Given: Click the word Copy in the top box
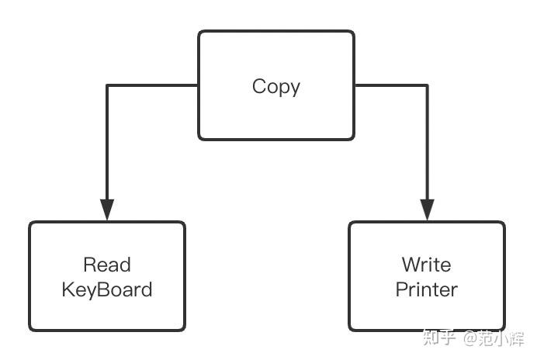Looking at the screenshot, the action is [276, 87].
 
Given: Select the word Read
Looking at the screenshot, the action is [107, 265].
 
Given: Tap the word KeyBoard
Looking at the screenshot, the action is [107, 289].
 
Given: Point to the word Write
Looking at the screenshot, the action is [426, 265].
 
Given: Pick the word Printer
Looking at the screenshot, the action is [426, 289].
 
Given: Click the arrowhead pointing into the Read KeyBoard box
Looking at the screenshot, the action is [107, 209].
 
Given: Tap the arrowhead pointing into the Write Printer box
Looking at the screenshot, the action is [428, 209].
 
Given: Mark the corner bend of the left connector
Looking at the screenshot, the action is [107, 85].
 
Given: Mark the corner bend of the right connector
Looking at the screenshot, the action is [427, 85].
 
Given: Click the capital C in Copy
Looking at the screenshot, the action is [259, 86].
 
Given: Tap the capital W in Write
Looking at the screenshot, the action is [412, 265].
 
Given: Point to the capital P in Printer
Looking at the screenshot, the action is [402, 289].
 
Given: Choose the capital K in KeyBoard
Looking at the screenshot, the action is [68, 289].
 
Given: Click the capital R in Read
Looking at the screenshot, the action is [90, 265].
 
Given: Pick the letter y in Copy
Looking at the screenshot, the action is [295, 90].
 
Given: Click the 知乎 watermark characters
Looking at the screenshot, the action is [439, 338].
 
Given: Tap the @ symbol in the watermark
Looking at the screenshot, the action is [472, 338].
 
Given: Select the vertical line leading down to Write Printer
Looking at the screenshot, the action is [428, 142].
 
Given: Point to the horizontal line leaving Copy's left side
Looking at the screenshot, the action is [152, 85].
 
